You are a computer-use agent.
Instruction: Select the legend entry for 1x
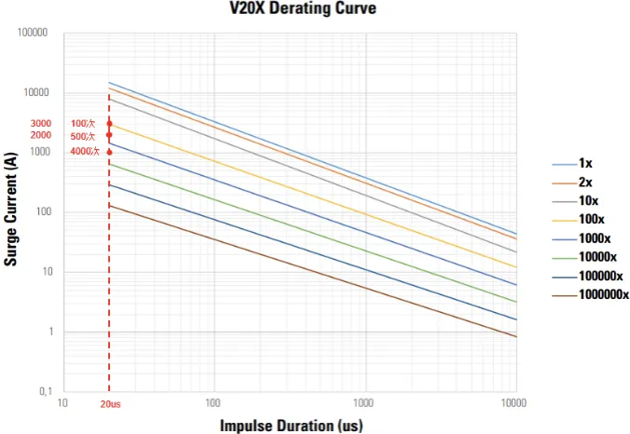(x=585, y=163)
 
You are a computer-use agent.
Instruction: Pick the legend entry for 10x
(x=589, y=200)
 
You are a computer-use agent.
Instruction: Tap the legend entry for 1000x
(x=596, y=238)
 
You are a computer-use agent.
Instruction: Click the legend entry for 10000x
(x=598, y=257)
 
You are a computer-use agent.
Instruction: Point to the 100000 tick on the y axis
(x=33, y=33)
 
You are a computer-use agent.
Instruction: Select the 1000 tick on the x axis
(x=364, y=403)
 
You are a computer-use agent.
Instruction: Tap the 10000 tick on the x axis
(x=514, y=403)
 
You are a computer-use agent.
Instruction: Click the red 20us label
(x=110, y=404)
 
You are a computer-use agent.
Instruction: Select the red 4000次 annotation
(x=84, y=151)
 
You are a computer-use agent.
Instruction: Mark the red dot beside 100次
(x=109, y=124)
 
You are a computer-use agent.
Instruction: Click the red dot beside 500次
(x=109, y=135)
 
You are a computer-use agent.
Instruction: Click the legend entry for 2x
(x=585, y=182)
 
